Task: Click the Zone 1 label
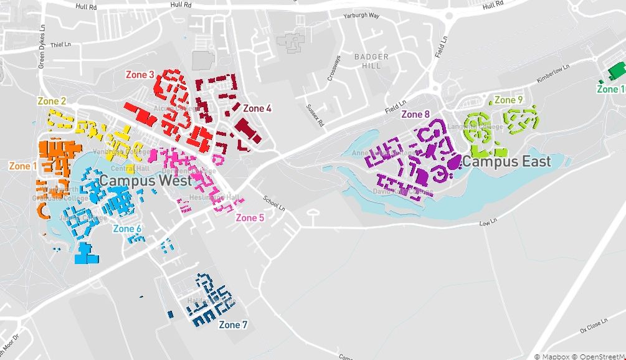click(x=23, y=166)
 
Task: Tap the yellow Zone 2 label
click(x=52, y=101)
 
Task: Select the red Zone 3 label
click(x=140, y=75)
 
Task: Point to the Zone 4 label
click(x=257, y=108)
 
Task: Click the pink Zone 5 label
click(x=250, y=217)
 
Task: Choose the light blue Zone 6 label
click(x=127, y=229)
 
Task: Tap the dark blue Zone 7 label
click(x=233, y=324)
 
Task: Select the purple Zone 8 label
click(x=415, y=114)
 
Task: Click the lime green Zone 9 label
click(x=508, y=100)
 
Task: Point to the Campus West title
click(x=146, y=180)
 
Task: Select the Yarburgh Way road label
click(x=361, y=16)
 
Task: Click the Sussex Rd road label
click(x=315, y=115)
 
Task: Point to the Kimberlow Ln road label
click(x=552, y=74)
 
